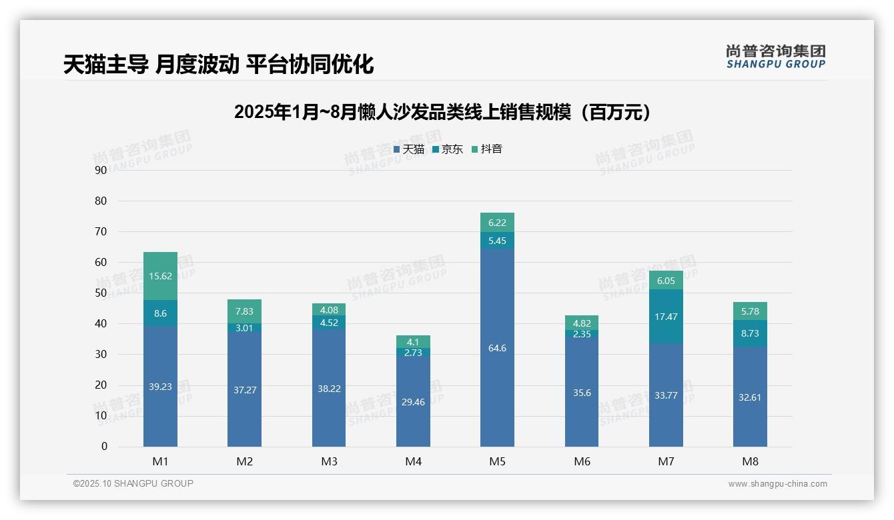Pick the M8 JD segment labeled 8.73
[750, 333]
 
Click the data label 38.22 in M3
[329, 389]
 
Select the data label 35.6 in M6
[582, 393]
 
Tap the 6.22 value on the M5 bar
[497, 223]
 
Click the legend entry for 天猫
[409, 149]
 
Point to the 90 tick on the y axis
[101, 170]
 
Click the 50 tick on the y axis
[101, 293]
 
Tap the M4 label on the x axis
[413, 461]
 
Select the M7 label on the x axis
[666, 461]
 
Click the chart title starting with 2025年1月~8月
[442, 112]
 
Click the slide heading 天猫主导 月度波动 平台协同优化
[218, 65]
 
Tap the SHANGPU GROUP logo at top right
[775, 57]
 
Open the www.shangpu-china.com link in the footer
[777, 484]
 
